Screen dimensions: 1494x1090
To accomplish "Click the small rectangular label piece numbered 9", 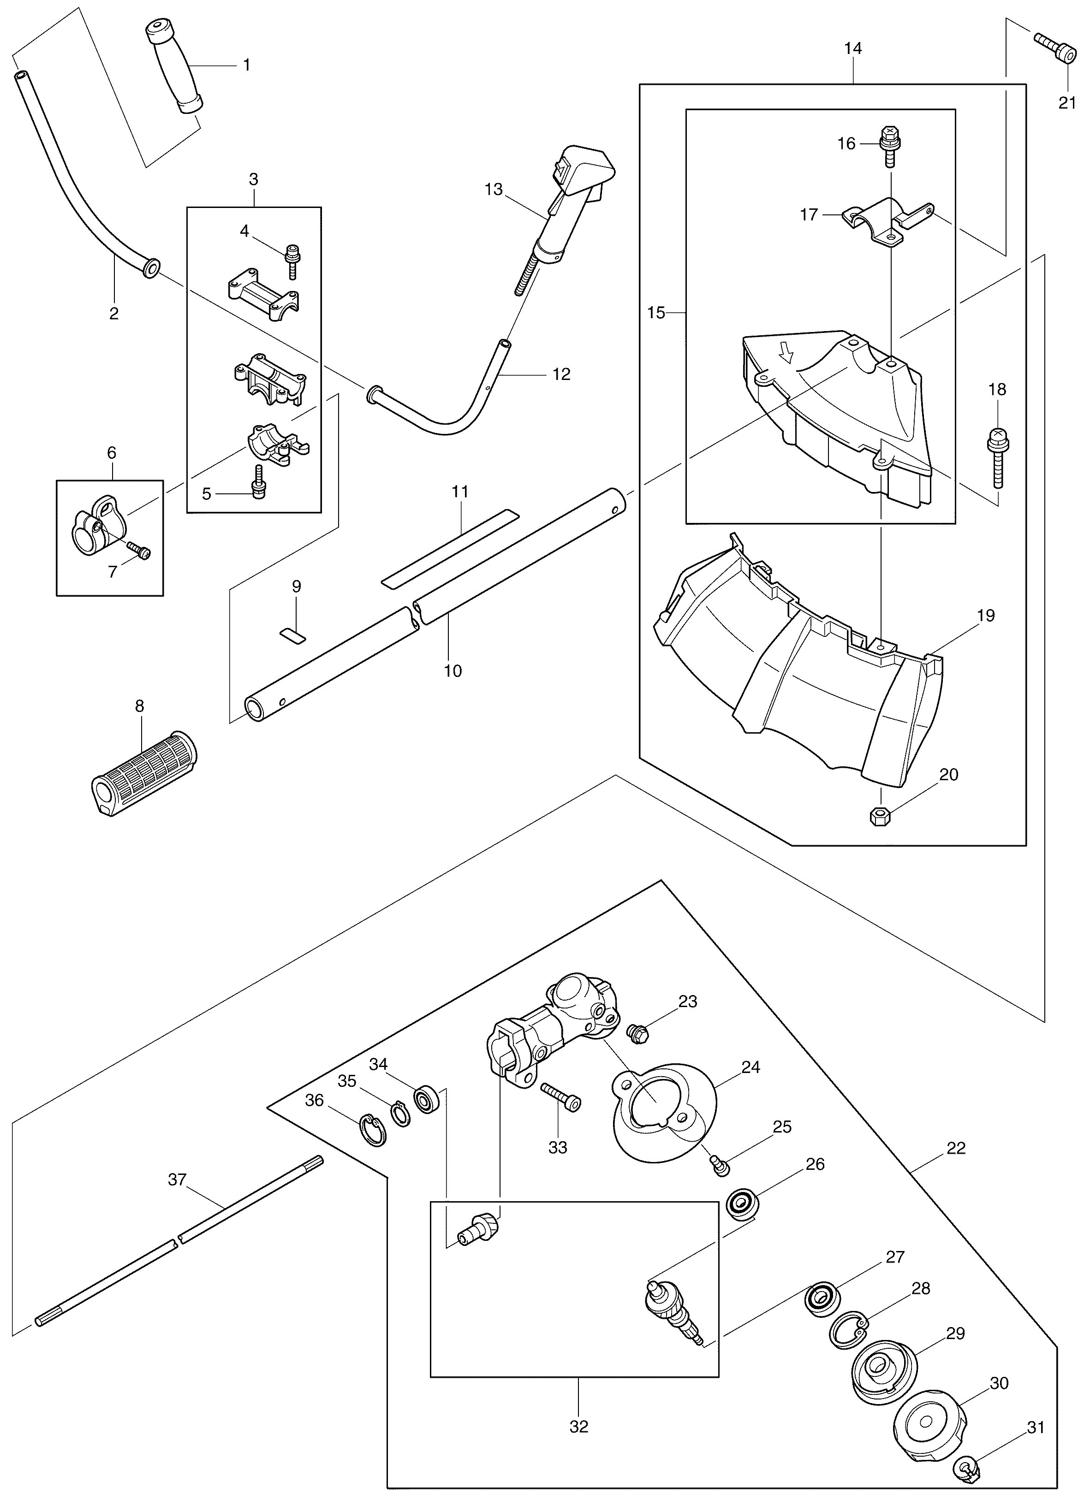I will click(x=293, y=634).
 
